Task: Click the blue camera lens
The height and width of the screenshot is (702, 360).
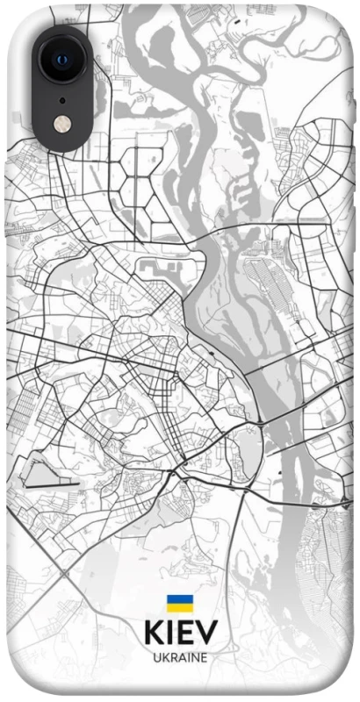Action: click(61, 59)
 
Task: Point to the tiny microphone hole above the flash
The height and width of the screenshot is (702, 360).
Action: click(62, 99)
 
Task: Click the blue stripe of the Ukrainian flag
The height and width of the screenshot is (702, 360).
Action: click(180, 598)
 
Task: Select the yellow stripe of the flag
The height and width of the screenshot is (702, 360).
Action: click(180, 606)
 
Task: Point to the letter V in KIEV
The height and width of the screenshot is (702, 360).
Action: click(204, 634)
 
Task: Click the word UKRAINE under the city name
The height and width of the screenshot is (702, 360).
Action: click(180, 656)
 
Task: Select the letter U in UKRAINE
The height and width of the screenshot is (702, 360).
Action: click(156, 656)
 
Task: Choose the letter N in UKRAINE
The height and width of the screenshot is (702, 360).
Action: click(194, 656)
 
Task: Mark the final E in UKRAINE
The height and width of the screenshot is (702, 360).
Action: click(204, 656)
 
